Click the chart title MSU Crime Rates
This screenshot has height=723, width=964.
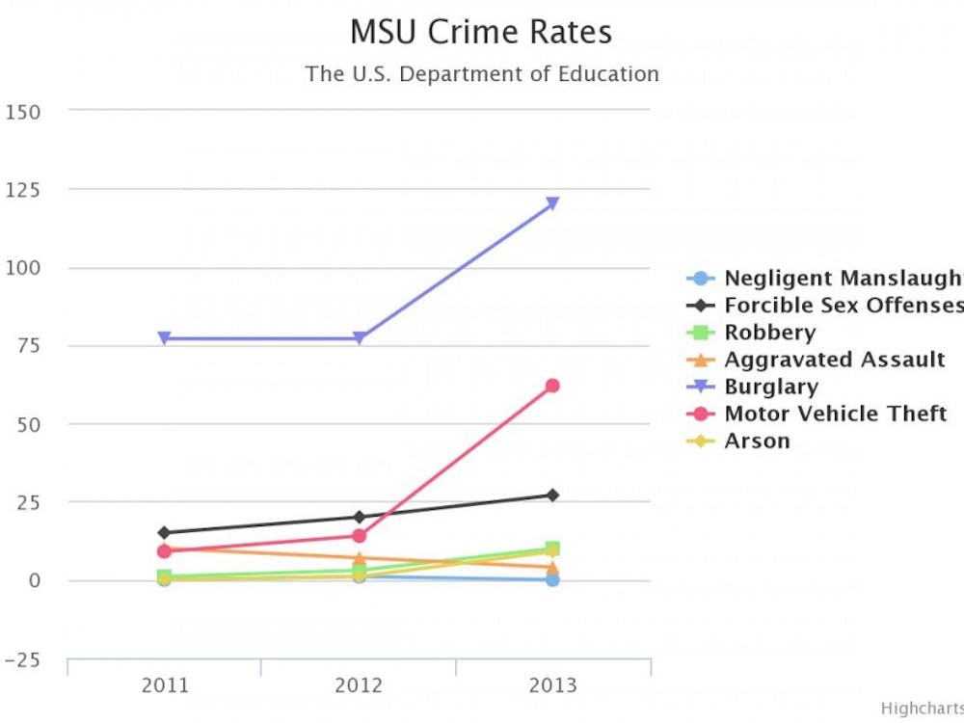(480, 32)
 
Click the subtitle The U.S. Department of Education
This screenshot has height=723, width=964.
(482, 74)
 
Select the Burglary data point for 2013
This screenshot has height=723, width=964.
(552, 203)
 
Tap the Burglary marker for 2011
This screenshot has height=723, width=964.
(165, 338)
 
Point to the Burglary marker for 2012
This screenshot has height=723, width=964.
(359, 338)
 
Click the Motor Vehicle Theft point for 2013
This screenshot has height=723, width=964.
(552, 386)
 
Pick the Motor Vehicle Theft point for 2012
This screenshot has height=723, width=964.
(359, 536)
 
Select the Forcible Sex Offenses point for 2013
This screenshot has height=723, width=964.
(552, 495)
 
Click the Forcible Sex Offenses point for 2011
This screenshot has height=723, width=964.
(165, 533)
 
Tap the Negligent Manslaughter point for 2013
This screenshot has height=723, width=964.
(552, 579)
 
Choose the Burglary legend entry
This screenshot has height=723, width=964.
(770, 387)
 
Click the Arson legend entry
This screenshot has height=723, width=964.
(757, 441)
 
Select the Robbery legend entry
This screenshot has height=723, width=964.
(769, 333)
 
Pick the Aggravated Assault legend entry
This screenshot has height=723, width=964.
(834, 360)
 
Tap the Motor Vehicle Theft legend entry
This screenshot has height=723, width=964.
(835, 414)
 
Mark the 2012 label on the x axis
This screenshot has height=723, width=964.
(359, 686)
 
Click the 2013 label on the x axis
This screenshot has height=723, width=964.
(552, 686)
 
